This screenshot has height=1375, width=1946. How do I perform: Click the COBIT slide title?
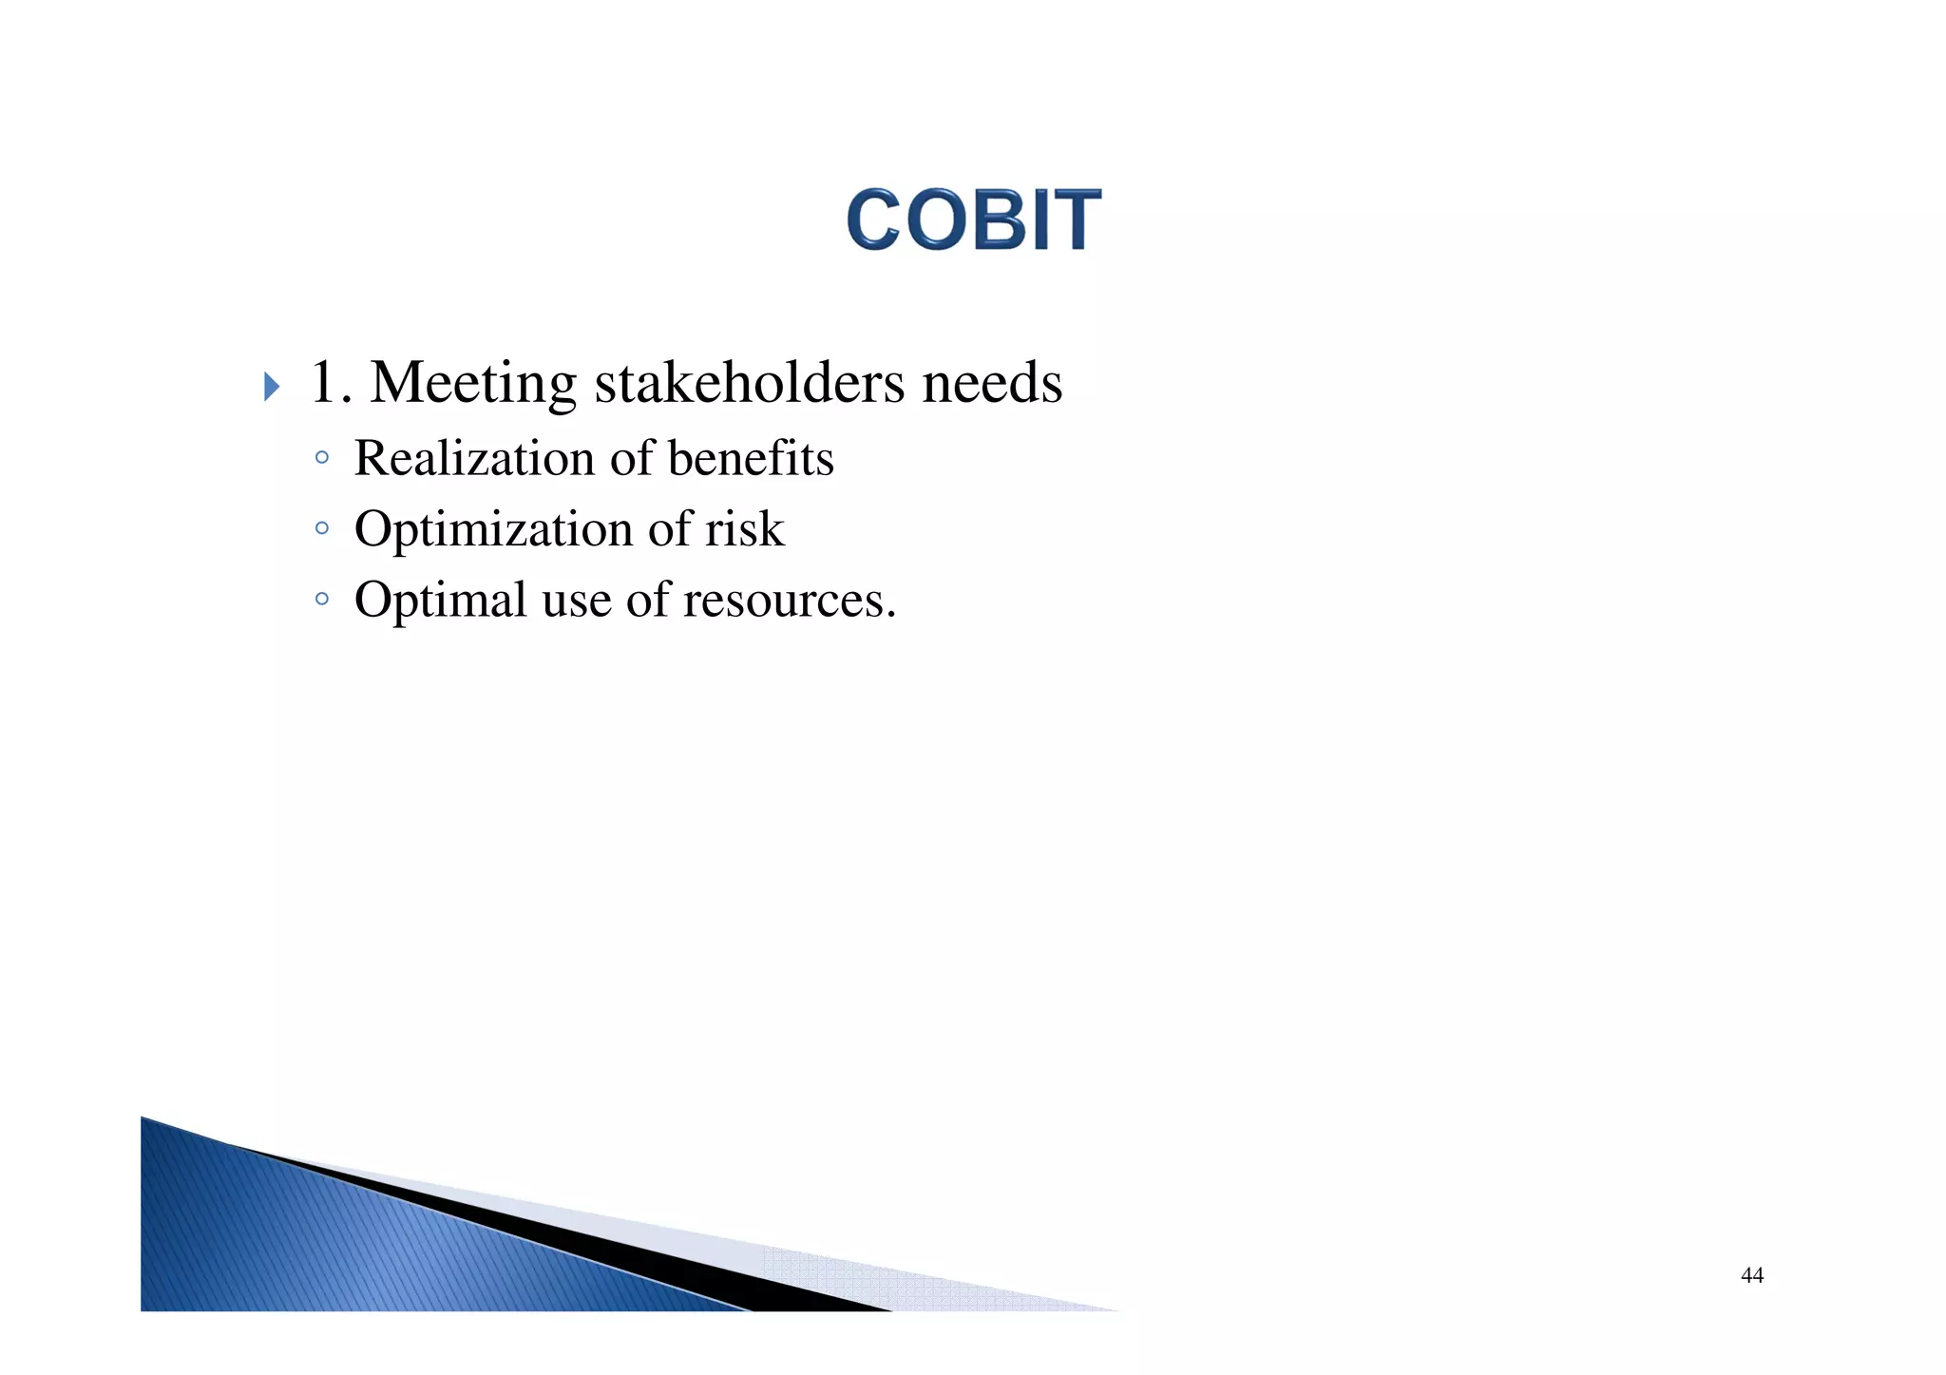pyautogui.click(x=974, y=220)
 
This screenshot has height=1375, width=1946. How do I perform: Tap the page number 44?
pyautogui.click(x=1752, y=1275)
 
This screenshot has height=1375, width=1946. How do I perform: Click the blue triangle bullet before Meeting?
pyautogui.click(x=272, y=387)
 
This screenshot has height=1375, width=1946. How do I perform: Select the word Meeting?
pyautogui.click(x=472, y=383)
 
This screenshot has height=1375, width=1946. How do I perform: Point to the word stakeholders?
pyautogui.click(x=749, y=383)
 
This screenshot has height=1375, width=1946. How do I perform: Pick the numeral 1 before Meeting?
pyautogui.click(x=323, y=383)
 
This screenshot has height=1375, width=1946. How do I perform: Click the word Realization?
pyautogui.click(x=474, y=458)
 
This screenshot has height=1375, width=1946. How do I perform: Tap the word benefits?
pyautogui.click(x=751, y=458)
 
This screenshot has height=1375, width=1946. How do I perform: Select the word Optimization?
pyautogui.click(x=493, y=529)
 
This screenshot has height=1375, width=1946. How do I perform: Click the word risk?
pyautogui.click(x=745, y=529)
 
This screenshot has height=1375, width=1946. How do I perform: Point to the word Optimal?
pyautogui.click(x=440, y=601)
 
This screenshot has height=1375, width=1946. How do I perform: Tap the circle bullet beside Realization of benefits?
pyautogui.click(x=322, y=458)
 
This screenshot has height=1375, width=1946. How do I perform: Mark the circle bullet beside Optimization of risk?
pyautogui.click(x=322, y=528)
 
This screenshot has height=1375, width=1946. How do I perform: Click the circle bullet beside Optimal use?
pyautogui.click(x=322, y=599)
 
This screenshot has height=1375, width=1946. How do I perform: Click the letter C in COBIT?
pyautogui.click(x=873, y=220)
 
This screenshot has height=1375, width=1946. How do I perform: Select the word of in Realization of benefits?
pyautogui.click(x=632, y=458)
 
